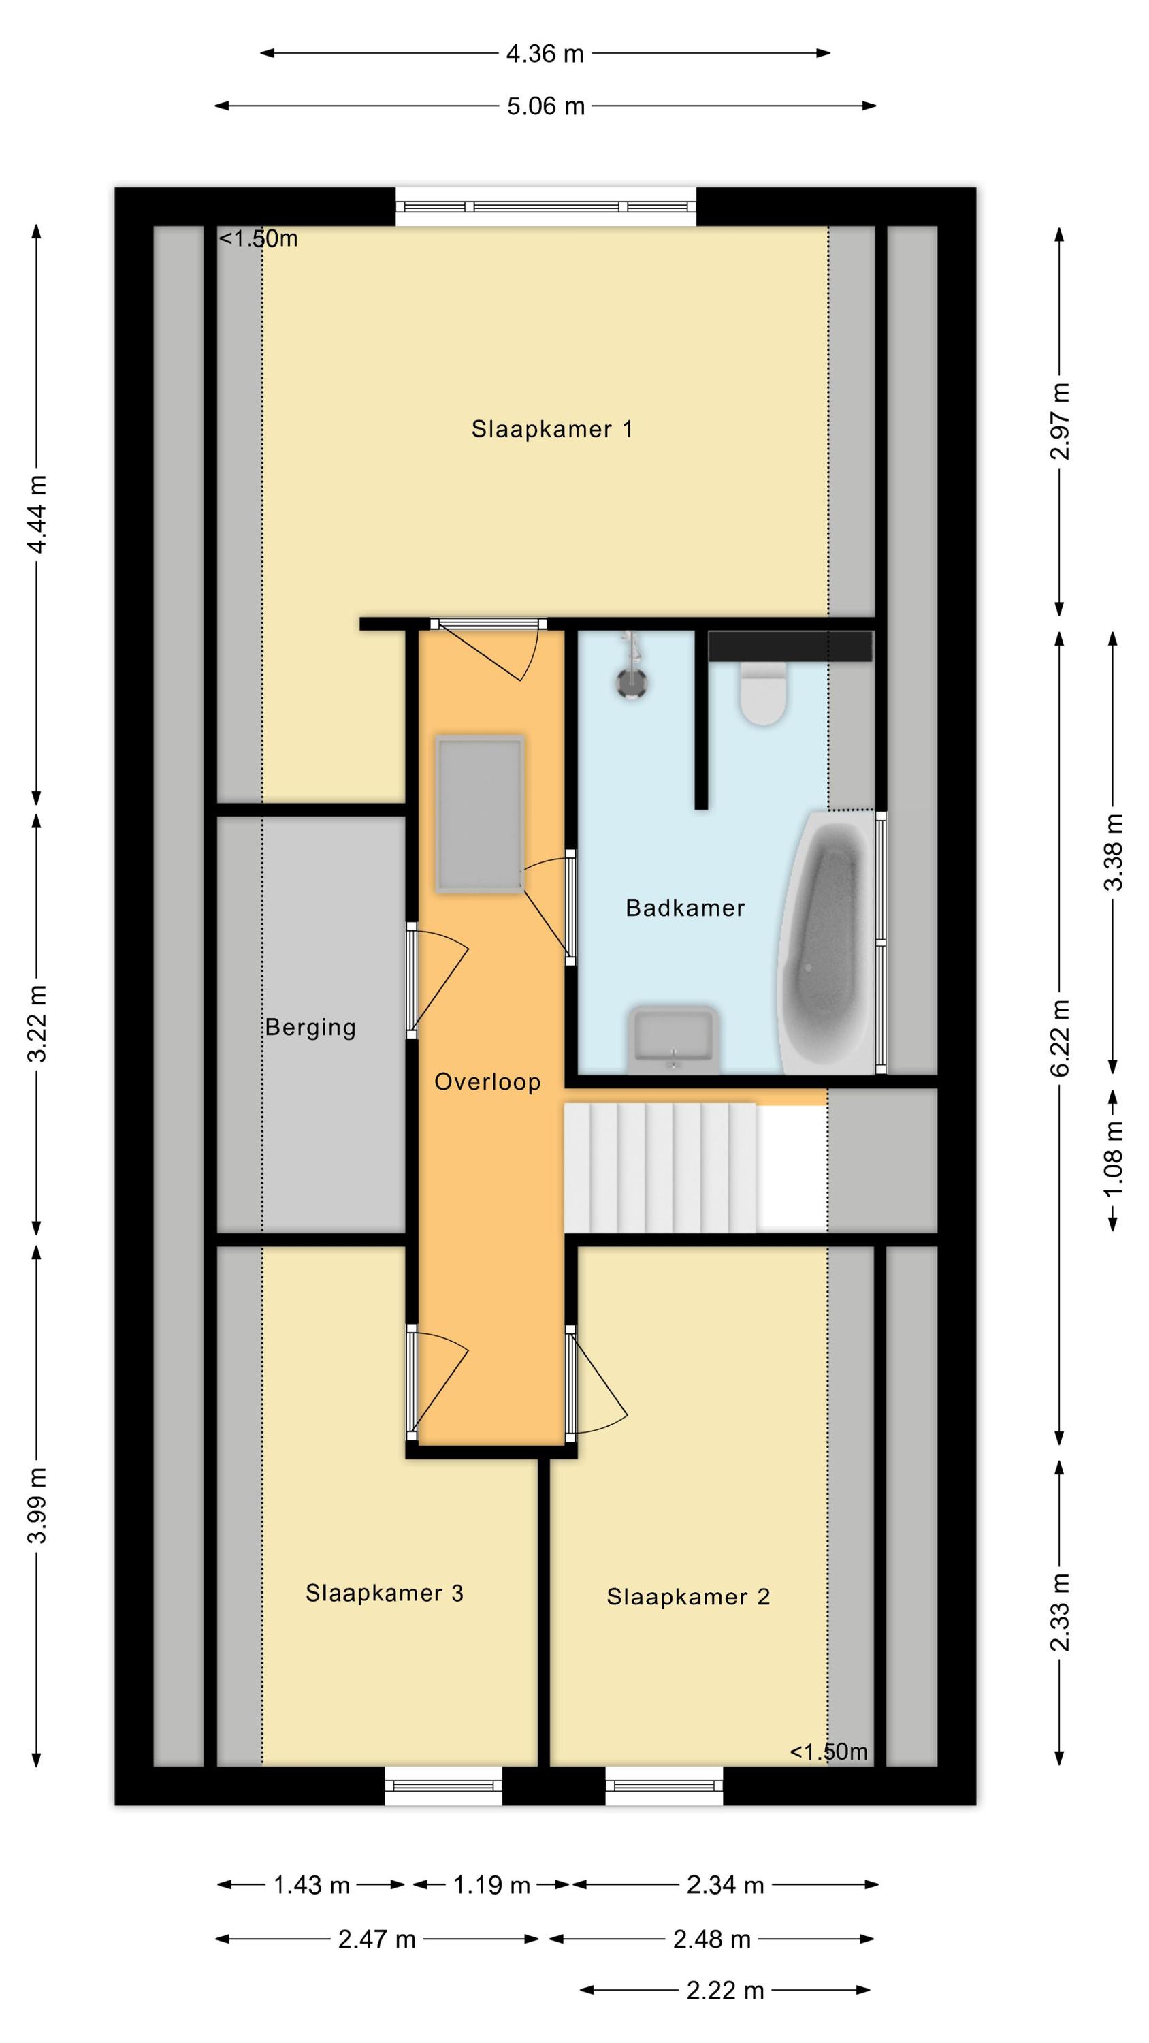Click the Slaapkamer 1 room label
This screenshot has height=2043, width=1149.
pos(552,429)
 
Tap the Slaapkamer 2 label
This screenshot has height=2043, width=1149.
pos(688,1596)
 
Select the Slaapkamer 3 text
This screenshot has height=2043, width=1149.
pos(385,1593)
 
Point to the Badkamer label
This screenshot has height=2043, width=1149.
pos(685,907)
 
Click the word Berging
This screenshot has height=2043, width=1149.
pos(310,1028)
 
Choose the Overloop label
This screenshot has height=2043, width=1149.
pos(487,1082)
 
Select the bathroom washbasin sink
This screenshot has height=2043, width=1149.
pos(673,1040)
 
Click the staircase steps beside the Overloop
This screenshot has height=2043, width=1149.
pos(660,1167)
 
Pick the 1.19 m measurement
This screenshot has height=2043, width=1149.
pos(491,1885)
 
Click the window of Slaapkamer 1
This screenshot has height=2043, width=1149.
pos(547,206)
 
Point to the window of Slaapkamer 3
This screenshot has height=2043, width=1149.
pos(443,1787)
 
